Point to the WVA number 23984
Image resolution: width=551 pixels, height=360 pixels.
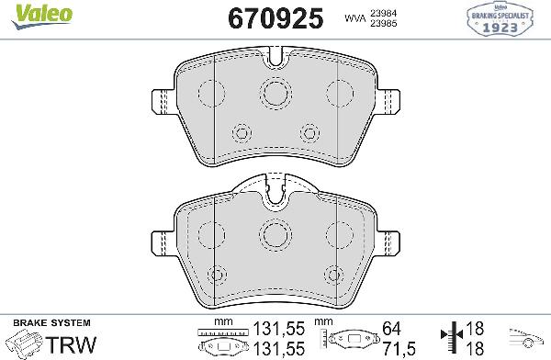click(x=384, y=12)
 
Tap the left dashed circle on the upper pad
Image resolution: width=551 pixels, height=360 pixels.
click(x=212, y=92)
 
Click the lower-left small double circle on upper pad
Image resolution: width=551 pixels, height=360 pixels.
click(x=242, y=133)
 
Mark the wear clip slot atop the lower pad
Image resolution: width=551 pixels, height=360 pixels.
click(x=275, y=192)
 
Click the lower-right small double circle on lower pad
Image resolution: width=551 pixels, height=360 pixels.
click(x=332, y=274)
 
